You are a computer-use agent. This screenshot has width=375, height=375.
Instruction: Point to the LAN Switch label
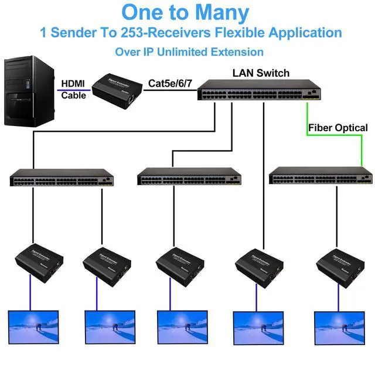click(261, 73)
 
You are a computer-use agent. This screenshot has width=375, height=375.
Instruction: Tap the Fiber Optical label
click(338, 128)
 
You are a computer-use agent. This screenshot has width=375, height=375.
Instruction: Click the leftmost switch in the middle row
click(62, 178)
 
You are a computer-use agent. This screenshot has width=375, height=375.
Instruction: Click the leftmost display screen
click(33, 326)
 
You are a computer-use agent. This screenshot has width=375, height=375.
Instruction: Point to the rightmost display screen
click(339, 327)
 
